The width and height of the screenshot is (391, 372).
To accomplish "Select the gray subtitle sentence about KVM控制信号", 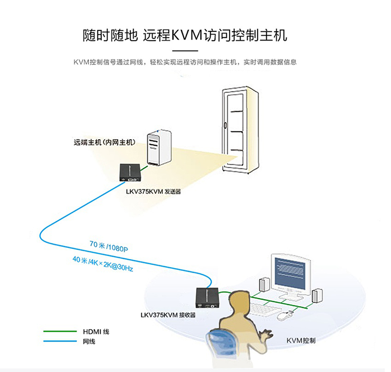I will (185, 62).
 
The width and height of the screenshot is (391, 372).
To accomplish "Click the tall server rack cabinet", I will (240, 129).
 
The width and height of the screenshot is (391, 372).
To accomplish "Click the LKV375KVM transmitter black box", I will (131, 173).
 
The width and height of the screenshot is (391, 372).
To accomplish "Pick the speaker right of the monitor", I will (317, 296).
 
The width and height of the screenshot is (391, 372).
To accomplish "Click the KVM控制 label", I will (301, 340).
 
